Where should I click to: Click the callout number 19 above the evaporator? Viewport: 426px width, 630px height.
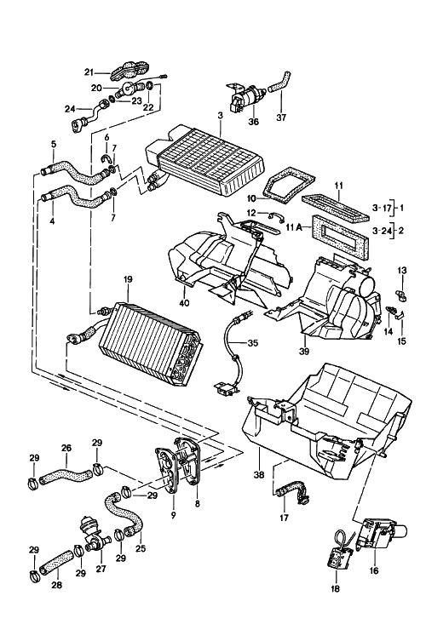pos(128,279)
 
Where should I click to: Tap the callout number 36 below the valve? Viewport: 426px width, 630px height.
pos(253,121)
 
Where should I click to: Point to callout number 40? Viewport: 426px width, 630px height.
pos(184,302)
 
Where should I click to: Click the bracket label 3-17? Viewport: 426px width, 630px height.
pos(380,208)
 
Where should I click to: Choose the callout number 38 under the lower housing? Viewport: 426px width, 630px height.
pos(259,474)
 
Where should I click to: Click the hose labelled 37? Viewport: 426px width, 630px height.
pos(279,82)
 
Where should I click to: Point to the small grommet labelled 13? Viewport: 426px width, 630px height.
pos(401,295)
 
